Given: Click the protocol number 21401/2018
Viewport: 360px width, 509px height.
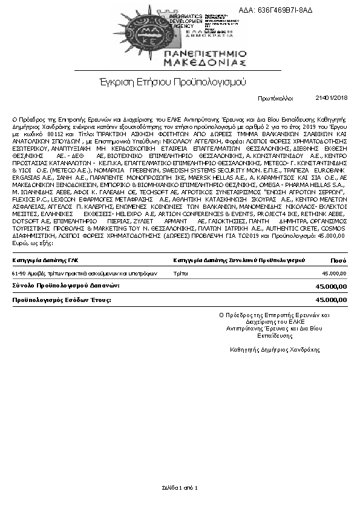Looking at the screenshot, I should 332,97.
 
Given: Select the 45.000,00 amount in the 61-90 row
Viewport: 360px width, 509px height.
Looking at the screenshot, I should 335,274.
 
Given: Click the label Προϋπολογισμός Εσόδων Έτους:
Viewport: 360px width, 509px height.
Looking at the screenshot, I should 63,299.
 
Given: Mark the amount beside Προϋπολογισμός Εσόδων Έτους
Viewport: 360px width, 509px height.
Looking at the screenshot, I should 332,299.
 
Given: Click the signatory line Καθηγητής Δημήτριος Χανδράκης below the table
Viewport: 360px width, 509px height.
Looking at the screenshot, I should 275,350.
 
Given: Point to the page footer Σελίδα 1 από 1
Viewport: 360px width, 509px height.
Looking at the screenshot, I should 180,487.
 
